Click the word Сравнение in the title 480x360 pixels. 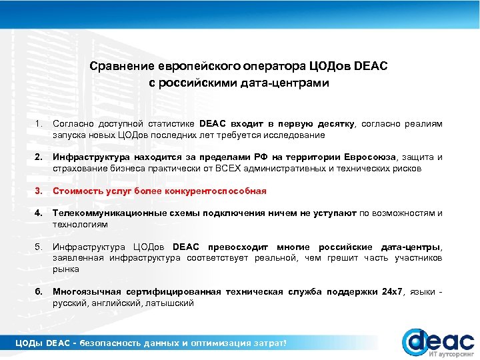click(122, 67)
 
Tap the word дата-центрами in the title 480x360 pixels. click(289, 83)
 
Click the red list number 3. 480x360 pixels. click(39, 191)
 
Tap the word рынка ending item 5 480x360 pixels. click(66, 269)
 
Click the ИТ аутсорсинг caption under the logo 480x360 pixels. click(451, 354)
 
